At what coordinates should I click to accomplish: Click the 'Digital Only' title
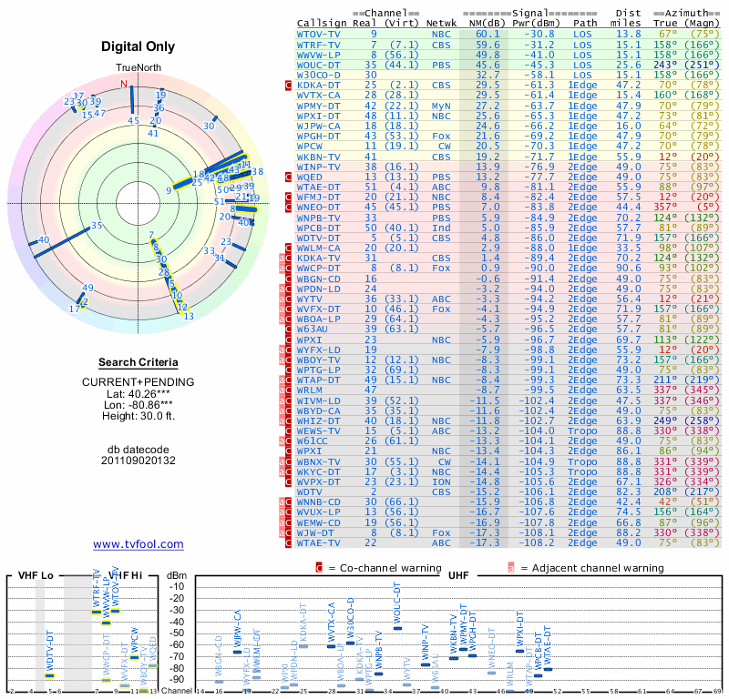(139, 46)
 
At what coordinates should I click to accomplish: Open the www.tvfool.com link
(139, 544)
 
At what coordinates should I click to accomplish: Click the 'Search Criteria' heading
(139, 362)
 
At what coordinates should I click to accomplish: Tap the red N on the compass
(124, 84)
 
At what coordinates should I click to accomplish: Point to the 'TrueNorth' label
(138, 68)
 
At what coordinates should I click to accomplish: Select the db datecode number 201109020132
(139, 461)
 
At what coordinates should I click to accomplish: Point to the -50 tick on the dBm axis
(176, 633)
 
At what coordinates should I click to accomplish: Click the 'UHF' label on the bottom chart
(458, 576)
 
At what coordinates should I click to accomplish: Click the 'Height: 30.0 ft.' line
(139, 417)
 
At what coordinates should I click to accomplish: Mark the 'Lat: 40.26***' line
(139, 393)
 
